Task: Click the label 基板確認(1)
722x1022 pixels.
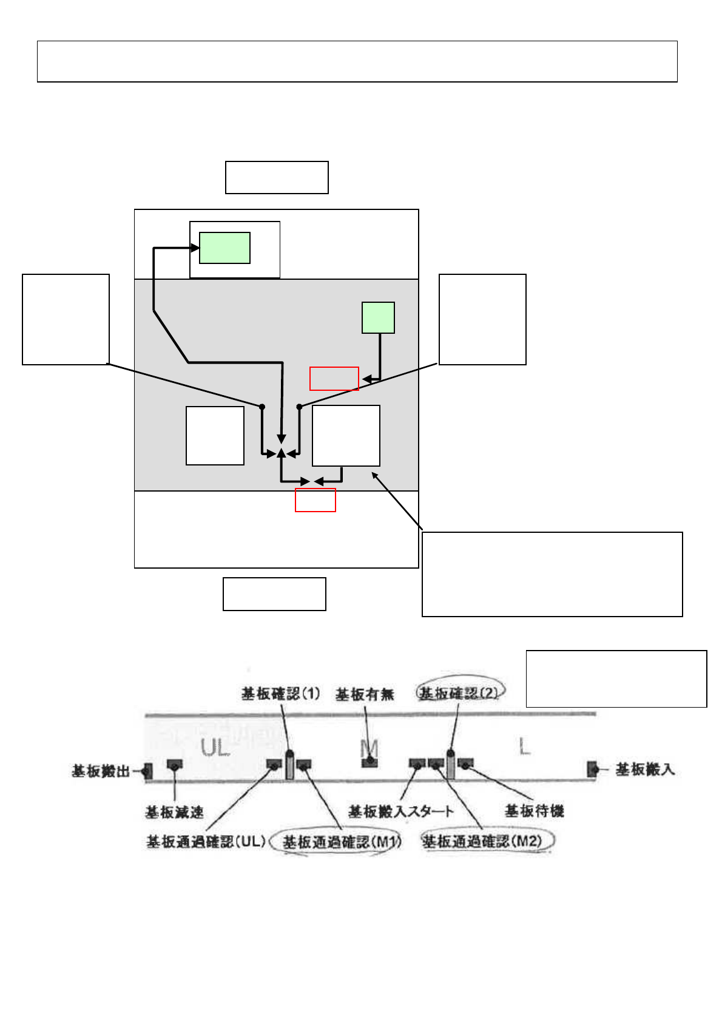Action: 280,694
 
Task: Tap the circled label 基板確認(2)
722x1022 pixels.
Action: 458,693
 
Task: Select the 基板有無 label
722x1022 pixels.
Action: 365,694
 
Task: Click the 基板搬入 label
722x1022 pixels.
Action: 645,770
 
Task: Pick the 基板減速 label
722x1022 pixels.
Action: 174,811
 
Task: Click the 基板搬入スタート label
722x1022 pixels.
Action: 400,811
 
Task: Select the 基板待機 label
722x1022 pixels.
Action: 535,811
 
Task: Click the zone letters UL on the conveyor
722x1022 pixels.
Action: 215,748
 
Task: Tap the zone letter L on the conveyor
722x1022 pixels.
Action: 524,747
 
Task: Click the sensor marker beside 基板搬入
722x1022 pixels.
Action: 593,770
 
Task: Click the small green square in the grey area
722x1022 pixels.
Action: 378,317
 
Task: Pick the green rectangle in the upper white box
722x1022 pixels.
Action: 225,248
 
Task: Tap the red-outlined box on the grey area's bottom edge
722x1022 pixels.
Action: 315,500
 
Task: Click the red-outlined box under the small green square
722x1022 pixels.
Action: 334,379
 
